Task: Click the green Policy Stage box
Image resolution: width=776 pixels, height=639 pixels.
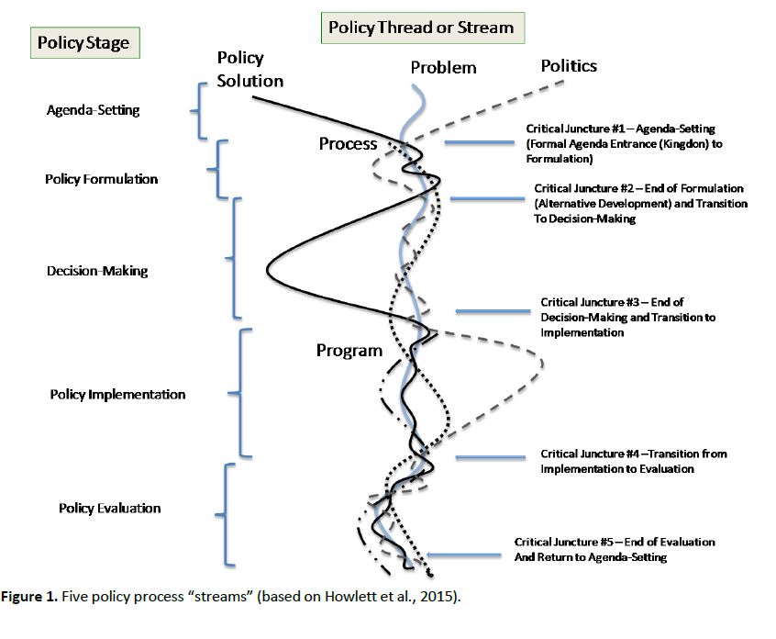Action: [82, 43]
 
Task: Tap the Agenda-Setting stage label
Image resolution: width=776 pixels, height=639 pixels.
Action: [93, 110]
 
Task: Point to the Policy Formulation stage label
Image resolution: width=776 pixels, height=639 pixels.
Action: [101, 178]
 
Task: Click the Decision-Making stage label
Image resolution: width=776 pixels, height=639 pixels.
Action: [96, 271]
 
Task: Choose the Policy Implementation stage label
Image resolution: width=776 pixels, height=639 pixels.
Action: [117, 394]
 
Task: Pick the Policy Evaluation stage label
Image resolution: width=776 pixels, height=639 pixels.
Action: [109, 508]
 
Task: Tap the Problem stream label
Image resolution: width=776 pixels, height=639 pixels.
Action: [443, 67]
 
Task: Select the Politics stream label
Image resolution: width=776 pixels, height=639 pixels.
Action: [569, 65]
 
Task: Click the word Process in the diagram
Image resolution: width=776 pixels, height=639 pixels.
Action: [348, 143]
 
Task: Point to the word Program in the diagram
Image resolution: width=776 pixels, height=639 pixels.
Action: [349, 350]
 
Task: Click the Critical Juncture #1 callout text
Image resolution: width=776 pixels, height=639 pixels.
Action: [619, 143]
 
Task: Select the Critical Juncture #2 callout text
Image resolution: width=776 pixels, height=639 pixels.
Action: [638, 204]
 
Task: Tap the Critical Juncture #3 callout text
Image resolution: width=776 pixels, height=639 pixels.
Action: [627, 317]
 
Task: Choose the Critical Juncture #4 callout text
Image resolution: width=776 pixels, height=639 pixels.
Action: [633, 461]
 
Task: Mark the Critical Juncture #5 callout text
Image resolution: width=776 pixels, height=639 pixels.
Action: [614, 549]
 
